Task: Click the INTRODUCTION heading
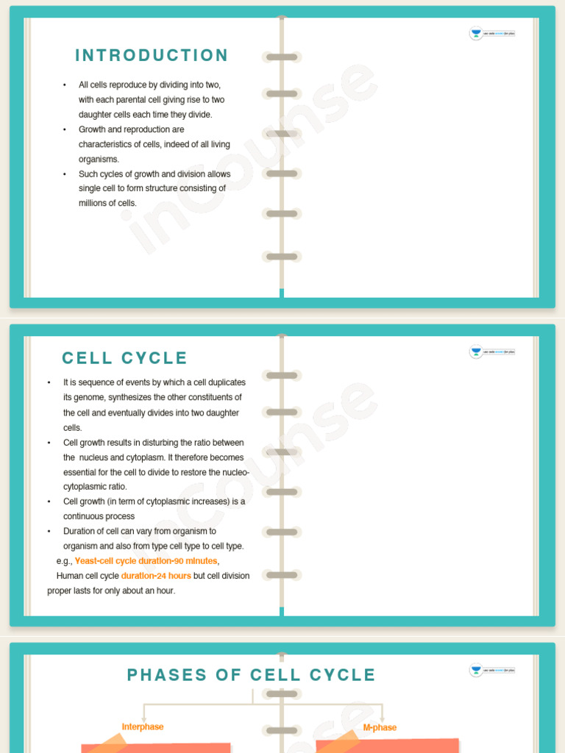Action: (x=152, y=56)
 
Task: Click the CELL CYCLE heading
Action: (x=125, y=358)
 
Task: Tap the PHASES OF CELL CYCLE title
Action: (x=252, y=675)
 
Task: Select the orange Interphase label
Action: (x=143, y=727)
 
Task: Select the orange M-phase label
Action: (x=380, y=727)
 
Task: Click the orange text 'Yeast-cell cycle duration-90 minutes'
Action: (x=146, y=561)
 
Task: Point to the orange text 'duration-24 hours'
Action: (x=156, y=576)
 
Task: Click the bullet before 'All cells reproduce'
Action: (x=65, y=85)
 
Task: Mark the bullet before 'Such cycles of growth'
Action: (x=65, y=174)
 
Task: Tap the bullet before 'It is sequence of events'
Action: (x=49, y=383)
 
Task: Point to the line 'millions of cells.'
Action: (x=107, y=204)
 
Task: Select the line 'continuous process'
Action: (x=99, y=516)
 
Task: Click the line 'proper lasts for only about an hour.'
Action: (x=111, y=590)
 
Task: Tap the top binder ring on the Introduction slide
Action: (x=282, y=57)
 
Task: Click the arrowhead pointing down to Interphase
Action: (x=143, y=718)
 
